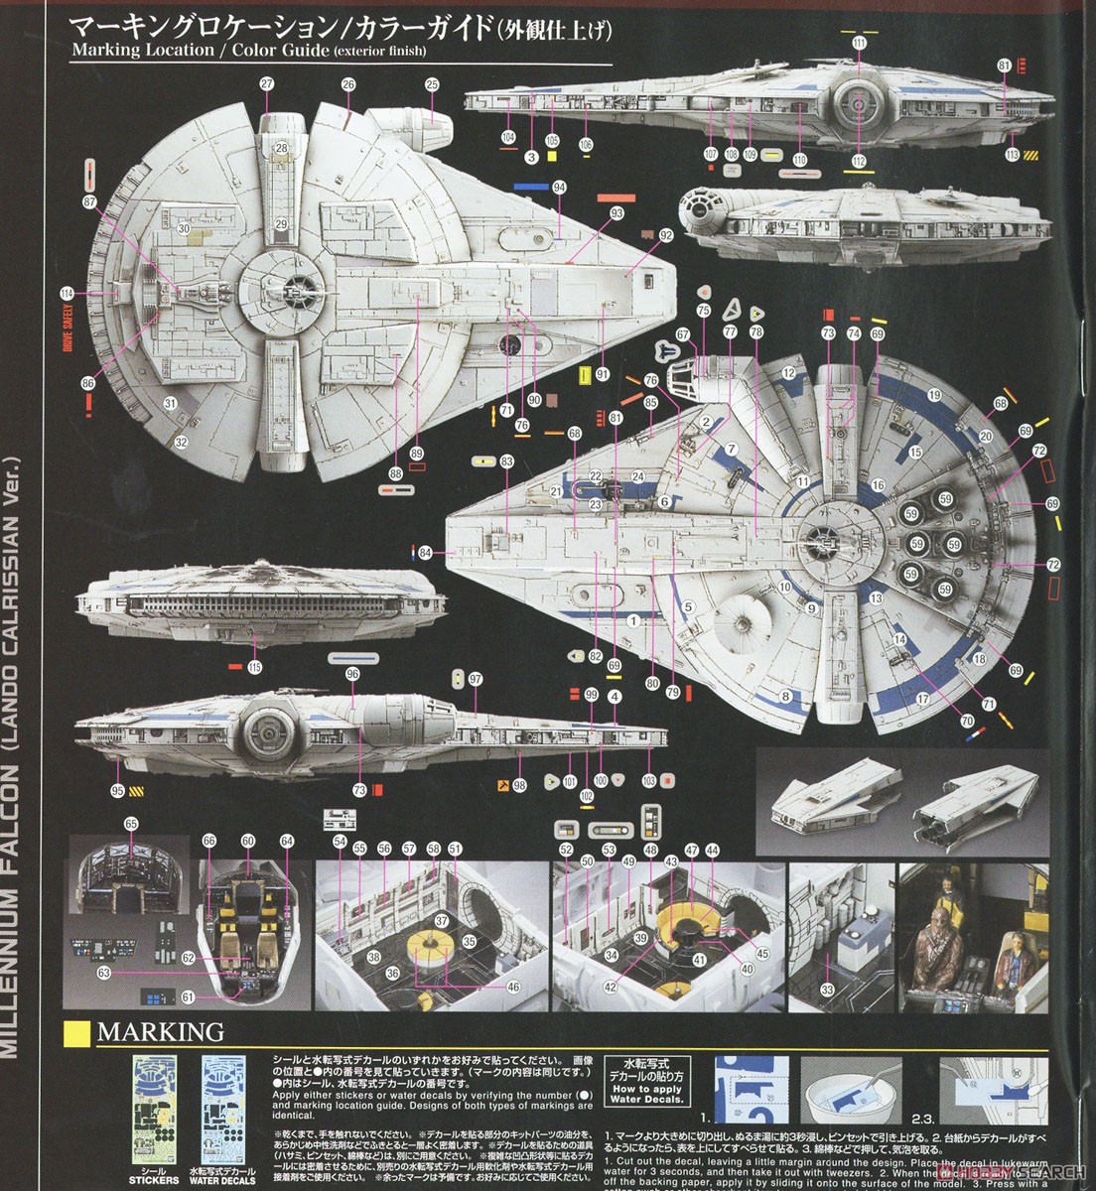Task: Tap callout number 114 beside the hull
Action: tap(67, 293)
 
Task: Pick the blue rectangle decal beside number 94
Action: tap(533, 188)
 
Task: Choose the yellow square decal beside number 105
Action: tap(551, 156)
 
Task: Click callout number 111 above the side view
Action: tap(858, 43)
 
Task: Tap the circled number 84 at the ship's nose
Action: tap(425, 553)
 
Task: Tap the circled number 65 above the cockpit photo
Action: tap(131, 824)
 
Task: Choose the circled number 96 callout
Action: tap(352, 674)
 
